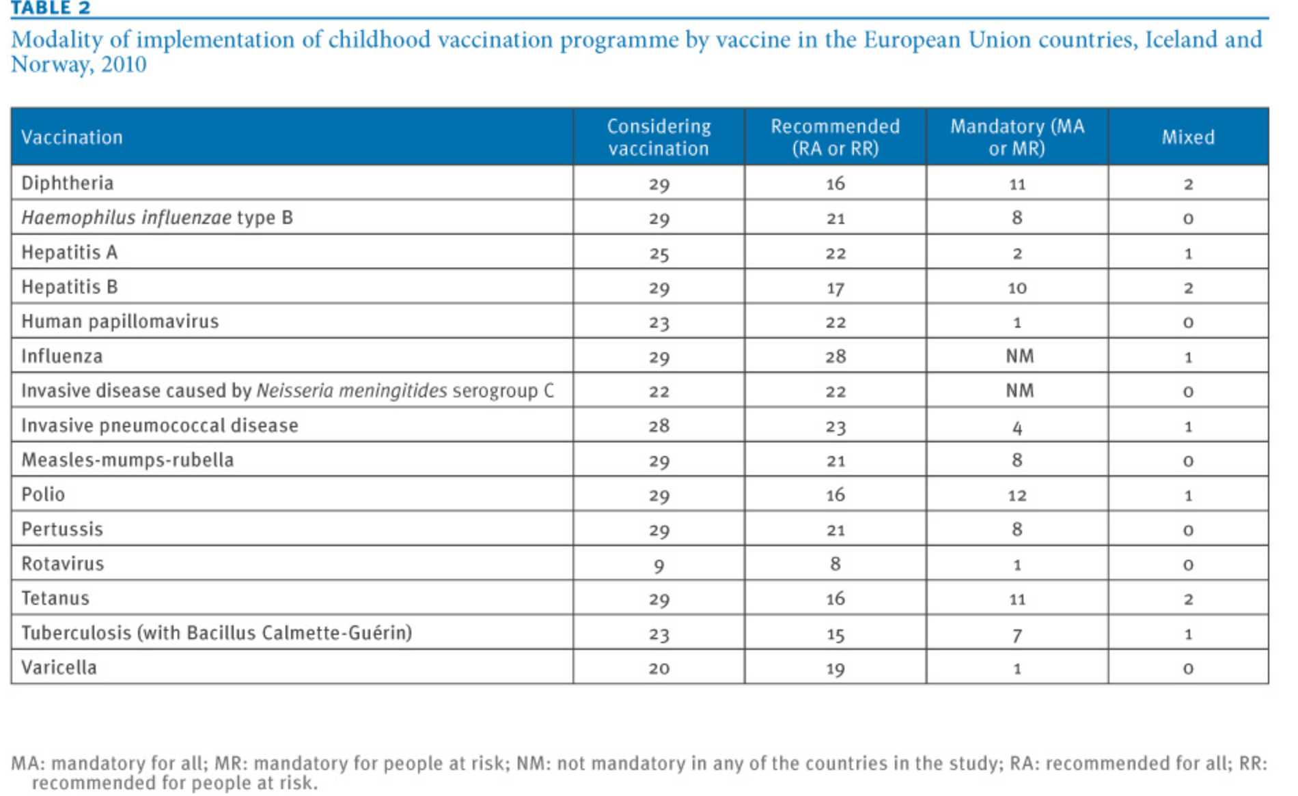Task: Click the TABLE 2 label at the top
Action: pos(51,8)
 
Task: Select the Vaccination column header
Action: pos(72,137)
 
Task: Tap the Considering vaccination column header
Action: pos(659,137)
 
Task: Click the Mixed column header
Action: pos(1188,137)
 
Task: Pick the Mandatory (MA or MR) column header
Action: pos(1017,137)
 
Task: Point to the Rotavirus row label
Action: pos(63,564)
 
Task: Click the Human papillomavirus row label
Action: pos(120,322)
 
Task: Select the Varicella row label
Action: pos(59,667)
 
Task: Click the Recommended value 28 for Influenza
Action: pos(836,356)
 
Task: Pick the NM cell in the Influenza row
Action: pos(1019,356)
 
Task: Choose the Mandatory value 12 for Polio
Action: pos(1017,495)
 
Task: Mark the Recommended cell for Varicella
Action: pos(836,668)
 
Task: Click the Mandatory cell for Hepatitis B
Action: pos(1017,287)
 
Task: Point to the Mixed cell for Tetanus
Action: pos(1188,599)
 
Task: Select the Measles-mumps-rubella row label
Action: pos(128,460)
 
